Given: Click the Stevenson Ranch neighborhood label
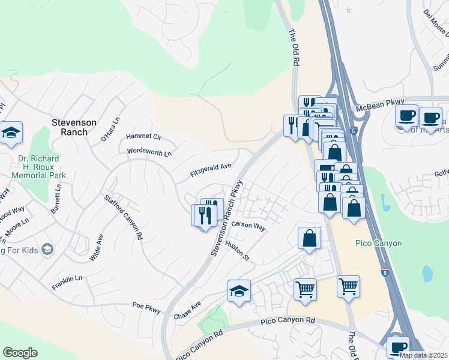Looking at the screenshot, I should pos(74,127).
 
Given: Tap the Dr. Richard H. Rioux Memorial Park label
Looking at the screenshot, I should pos(40,168).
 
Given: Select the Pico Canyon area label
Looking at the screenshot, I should pos(378,243).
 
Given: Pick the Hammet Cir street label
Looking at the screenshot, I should pos(143,137).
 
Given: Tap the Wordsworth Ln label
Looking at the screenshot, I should pos(149,153).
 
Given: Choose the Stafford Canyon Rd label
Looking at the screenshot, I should pos(123,217).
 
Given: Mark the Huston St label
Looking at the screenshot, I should pos(237,250).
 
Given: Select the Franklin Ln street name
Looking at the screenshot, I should pos(67,279).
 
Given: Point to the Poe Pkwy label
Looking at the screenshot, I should pos(146,307).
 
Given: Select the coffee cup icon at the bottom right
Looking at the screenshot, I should pos(397,347).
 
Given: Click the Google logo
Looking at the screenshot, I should pos(20,353).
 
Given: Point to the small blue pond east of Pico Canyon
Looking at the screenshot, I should pos(427,273).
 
